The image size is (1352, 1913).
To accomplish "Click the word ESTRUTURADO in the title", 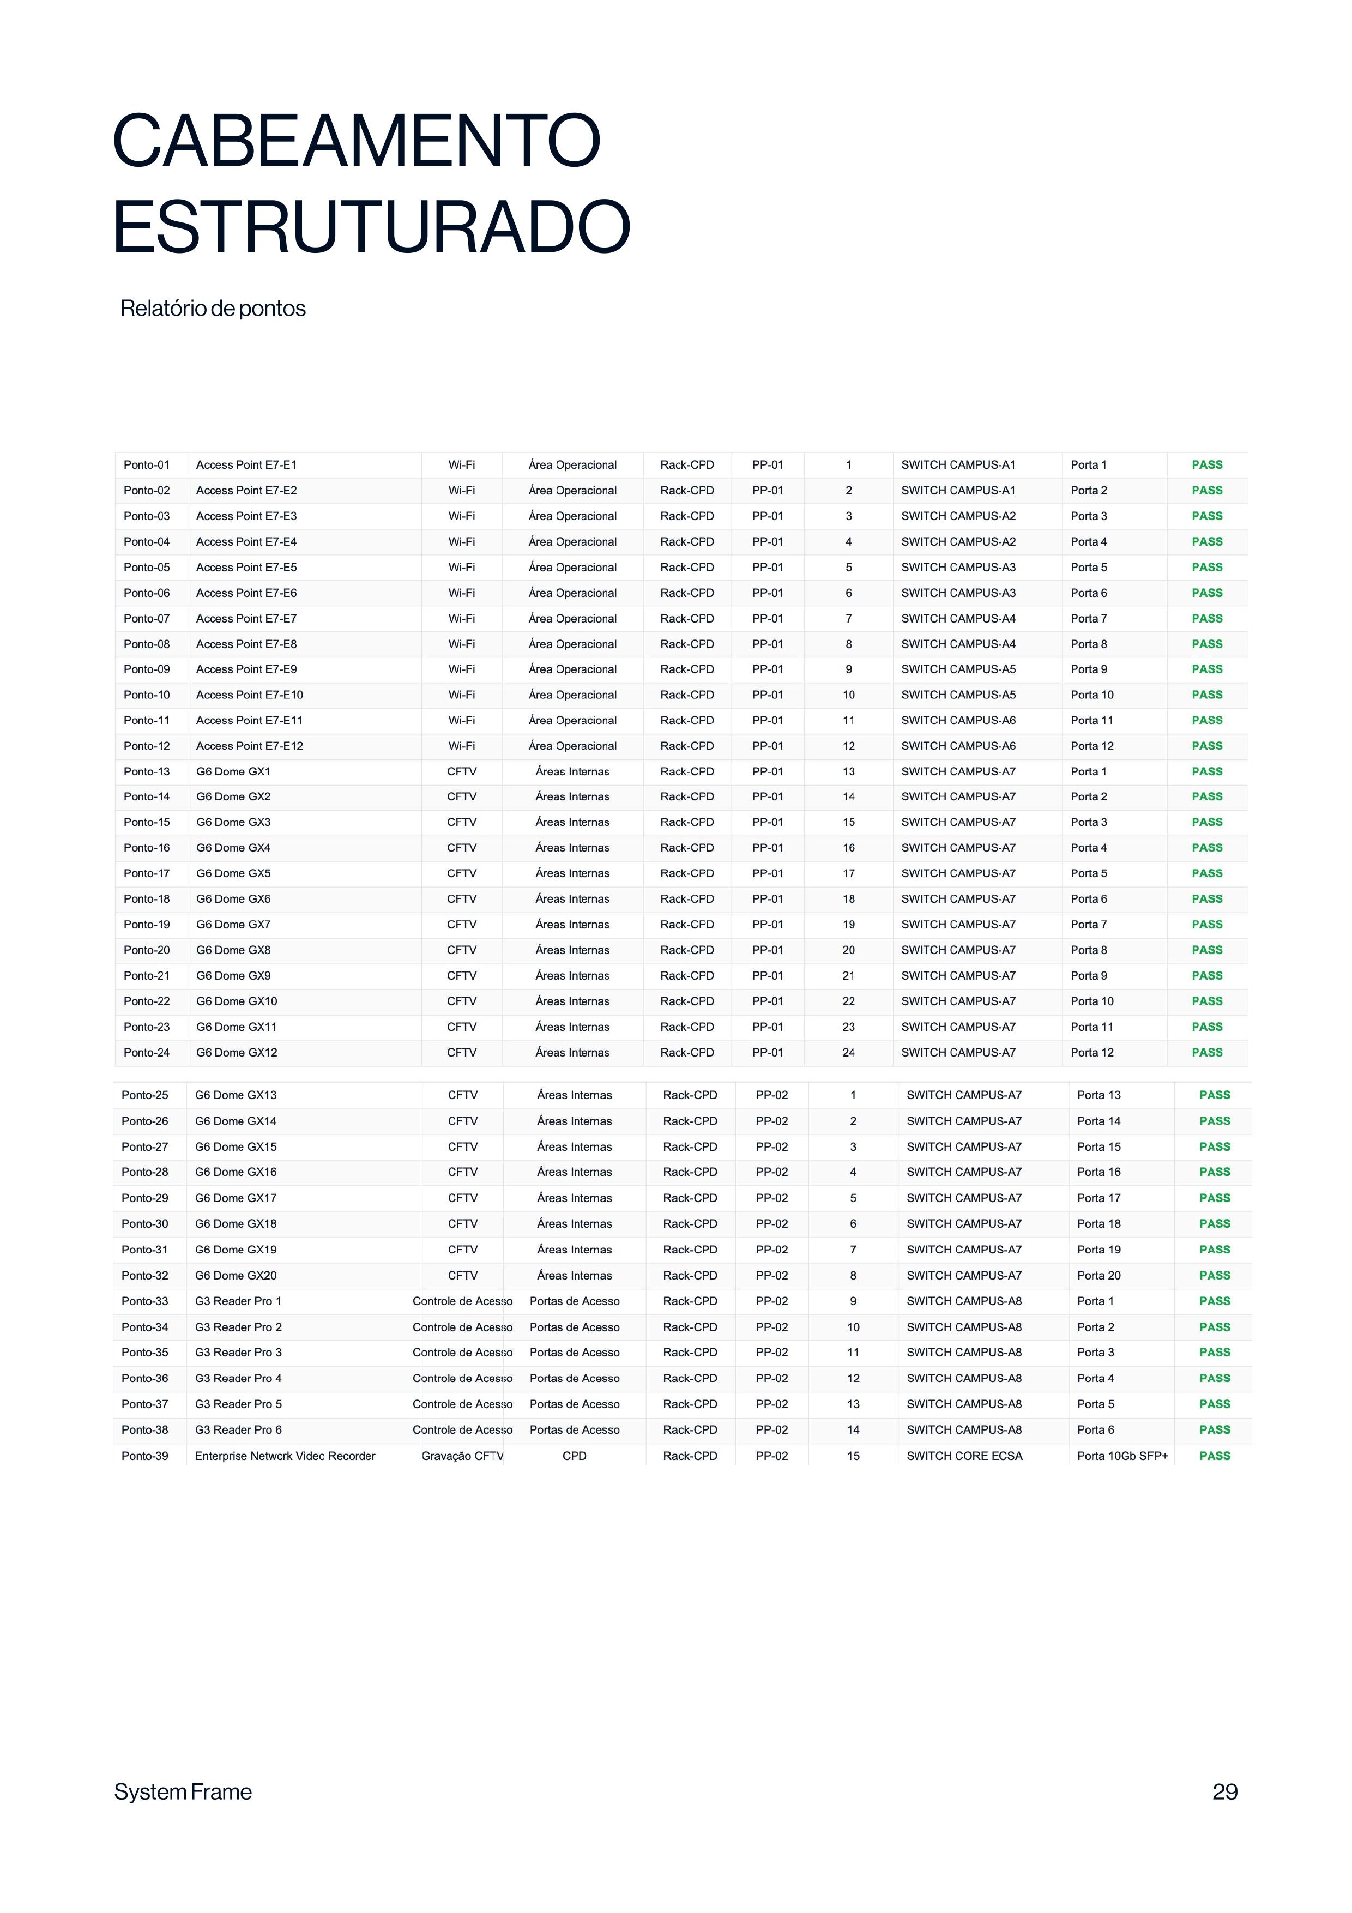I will click(372, 227).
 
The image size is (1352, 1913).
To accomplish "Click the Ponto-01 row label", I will click(147, 465).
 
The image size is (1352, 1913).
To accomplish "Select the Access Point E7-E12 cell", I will click(249, 746).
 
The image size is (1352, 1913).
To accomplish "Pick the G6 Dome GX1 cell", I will click(233, 771).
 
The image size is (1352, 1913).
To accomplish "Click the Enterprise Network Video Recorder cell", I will click(285, 1456).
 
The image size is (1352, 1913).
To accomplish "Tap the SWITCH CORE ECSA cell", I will click(964, 1456).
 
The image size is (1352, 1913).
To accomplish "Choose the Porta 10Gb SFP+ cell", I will click(1122, 1456).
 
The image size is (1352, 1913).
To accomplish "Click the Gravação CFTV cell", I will click(462, 1456).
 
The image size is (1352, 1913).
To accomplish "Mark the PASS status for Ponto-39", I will click(1215, 1456).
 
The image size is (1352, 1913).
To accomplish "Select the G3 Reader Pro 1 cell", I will click(238, 1301).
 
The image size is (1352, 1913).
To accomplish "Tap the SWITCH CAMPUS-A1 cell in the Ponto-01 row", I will click(958, 465).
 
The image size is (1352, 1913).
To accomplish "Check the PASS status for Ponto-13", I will click(1207, 771).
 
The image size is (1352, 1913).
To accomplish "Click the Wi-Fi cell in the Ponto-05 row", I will click(462, 568).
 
